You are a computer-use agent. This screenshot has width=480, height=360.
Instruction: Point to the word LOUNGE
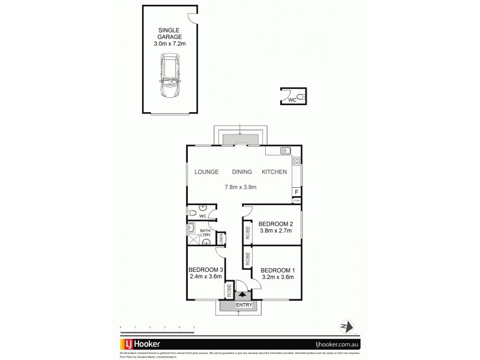[206, 172]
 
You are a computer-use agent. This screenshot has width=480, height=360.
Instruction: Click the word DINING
[242, 172]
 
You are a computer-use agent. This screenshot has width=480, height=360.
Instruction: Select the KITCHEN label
[274, 172]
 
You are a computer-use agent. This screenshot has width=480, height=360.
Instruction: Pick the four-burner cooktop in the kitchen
[296, 161]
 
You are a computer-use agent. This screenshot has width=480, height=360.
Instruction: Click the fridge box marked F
[296, 192]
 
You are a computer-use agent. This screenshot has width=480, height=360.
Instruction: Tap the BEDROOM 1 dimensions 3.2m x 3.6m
[278, 277]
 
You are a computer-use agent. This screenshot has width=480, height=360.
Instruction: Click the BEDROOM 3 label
[206, 269]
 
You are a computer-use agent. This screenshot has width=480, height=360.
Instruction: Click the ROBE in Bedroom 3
[229, 291]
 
